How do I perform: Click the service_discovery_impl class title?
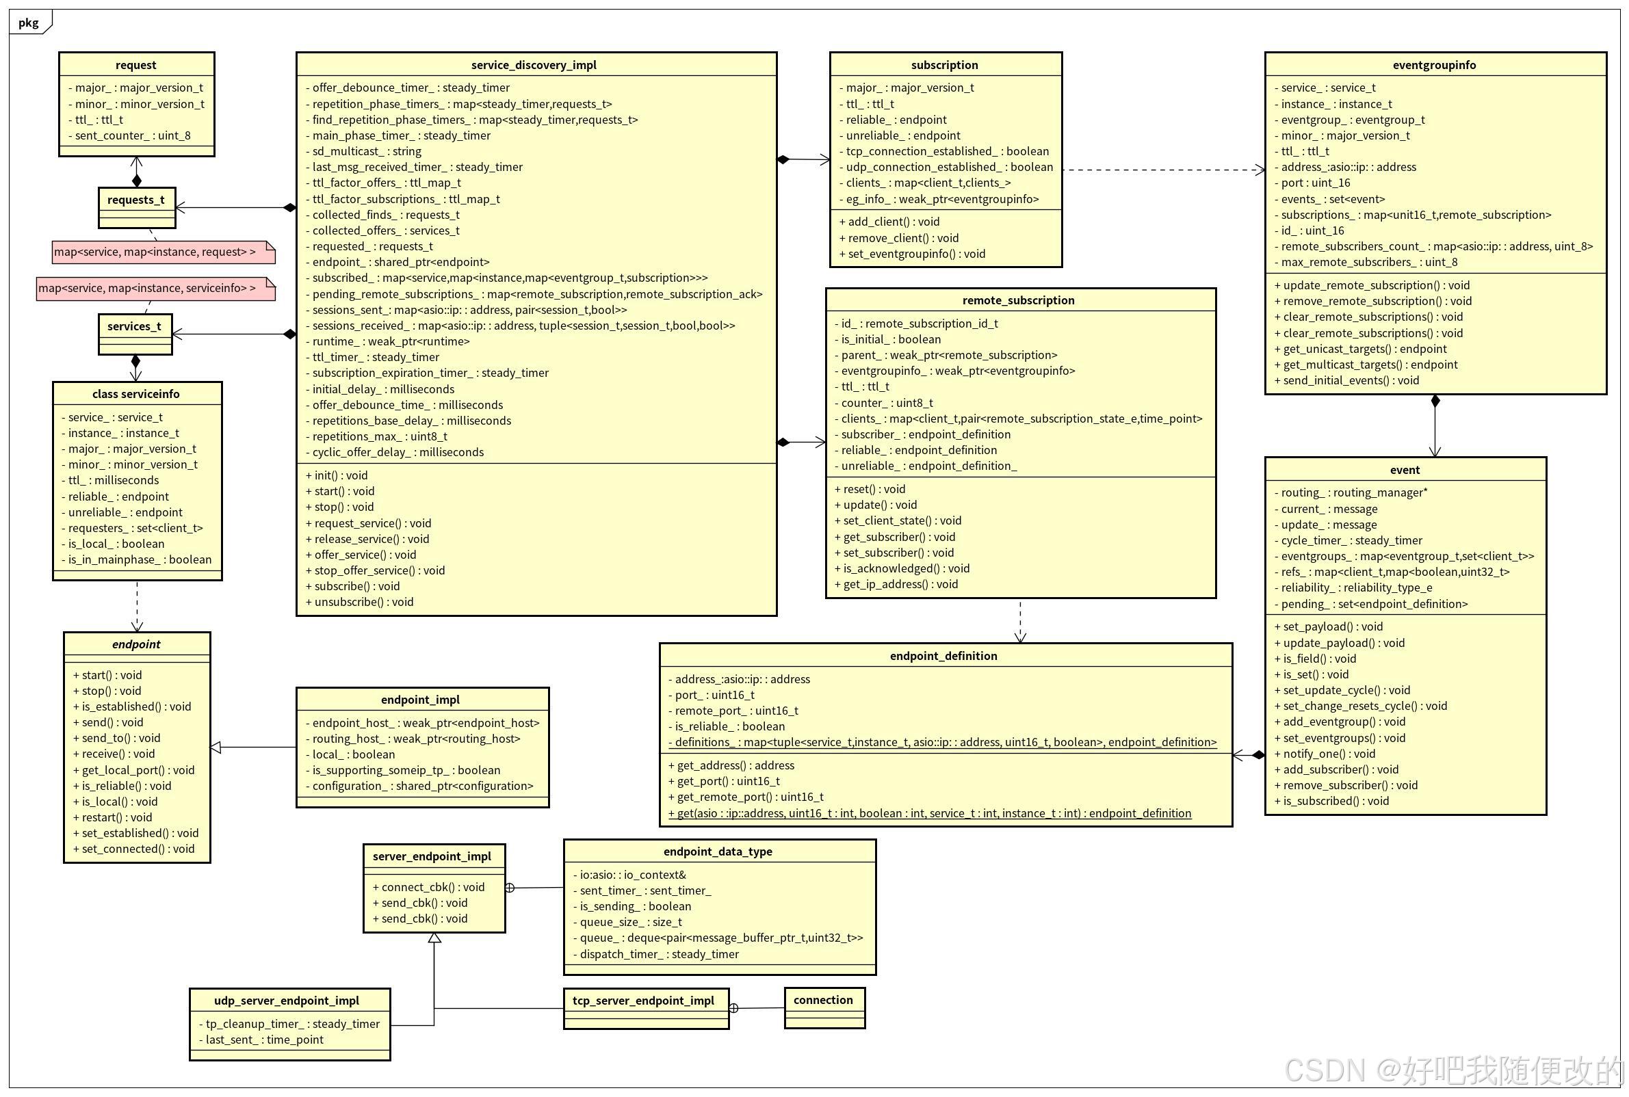click(x=533, y=65)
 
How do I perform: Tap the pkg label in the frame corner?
click(x=29, y=23)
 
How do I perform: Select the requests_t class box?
click(x=136, y=207)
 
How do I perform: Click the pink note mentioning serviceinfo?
click(x=155, y=288)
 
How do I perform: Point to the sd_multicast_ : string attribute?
click(x=367, y=151)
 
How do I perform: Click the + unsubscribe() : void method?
click(x=360, y=602)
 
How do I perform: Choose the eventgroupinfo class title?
click(x=1434, y=65)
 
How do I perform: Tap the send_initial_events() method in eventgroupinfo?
click(x=1346, y=380)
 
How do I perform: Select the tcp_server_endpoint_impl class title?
click(x=643, y=1001)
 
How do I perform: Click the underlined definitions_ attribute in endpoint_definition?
click(x=942, y=742)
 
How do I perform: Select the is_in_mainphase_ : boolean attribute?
click(x=140, y=559)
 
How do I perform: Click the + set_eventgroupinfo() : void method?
click(x=912, y=254)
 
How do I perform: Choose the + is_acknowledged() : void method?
click(x=901, y=569)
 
